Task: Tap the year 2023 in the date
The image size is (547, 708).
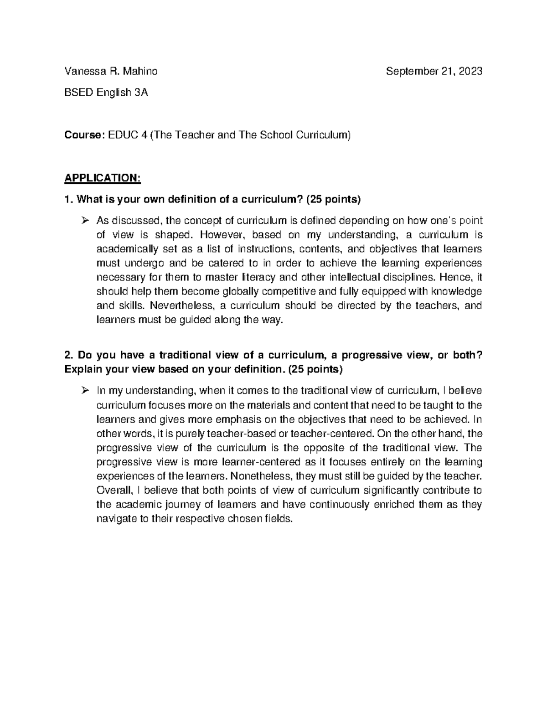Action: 471,71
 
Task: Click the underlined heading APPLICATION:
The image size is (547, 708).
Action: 103,178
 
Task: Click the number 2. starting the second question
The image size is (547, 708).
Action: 69,355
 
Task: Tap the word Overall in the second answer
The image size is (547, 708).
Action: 114,490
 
